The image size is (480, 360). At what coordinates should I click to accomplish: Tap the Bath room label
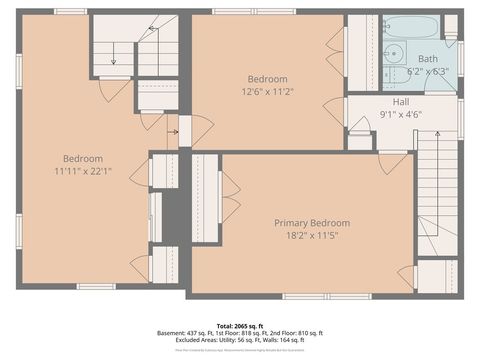pos(428,59)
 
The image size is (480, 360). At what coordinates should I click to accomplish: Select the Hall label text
pos(402,101)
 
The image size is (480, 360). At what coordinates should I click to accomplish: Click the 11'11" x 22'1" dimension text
pos(83,171)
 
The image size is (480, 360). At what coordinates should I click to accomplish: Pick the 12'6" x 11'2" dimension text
pos(267,92)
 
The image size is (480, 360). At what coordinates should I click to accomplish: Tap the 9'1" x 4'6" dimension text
pos(402,114)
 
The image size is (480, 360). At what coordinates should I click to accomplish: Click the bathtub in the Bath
pos(411,26)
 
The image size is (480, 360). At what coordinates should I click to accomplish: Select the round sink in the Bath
pos(392,54)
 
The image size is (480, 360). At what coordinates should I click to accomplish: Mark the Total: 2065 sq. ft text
pos(240,325)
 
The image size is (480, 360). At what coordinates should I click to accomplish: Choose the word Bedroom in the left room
pos(83,158)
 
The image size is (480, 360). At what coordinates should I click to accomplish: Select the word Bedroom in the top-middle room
pos(267,79)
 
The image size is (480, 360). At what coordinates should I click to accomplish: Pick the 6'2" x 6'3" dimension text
pos(428,72)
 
